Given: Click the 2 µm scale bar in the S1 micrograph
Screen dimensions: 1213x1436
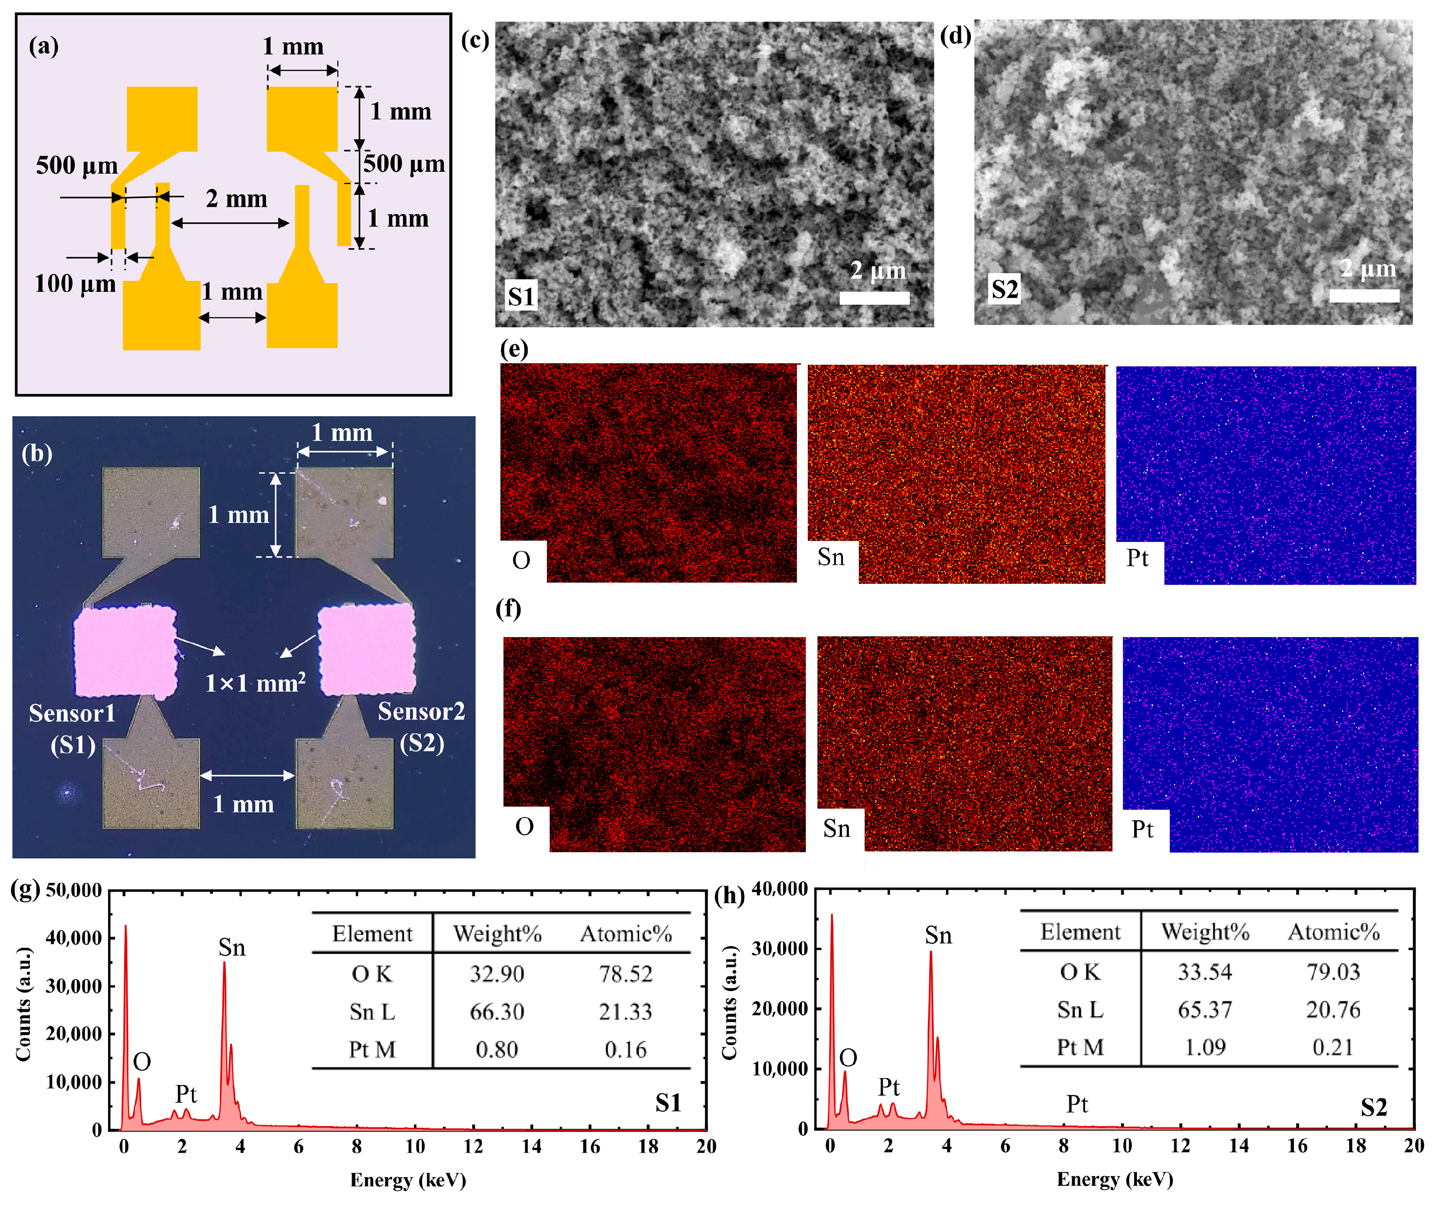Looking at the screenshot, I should [874, 298].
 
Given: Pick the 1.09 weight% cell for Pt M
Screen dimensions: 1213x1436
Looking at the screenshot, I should [1205, 1047].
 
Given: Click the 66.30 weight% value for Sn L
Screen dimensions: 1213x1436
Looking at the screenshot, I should [496, 1011].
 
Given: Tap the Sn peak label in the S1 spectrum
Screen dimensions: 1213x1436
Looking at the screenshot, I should [231, 947].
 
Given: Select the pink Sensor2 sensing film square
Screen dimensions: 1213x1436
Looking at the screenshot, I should [366, 649].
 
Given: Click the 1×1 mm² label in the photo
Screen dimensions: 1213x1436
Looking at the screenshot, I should [255, 683].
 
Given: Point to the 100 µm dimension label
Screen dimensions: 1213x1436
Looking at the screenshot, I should [75, 283].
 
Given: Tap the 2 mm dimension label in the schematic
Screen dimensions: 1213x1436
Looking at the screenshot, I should [236, 199].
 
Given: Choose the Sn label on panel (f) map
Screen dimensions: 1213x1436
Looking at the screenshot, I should [836, 829].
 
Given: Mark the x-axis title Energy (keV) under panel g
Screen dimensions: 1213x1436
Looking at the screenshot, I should [408, 1180].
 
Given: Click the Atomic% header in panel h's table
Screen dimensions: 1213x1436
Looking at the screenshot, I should [1333, 932].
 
